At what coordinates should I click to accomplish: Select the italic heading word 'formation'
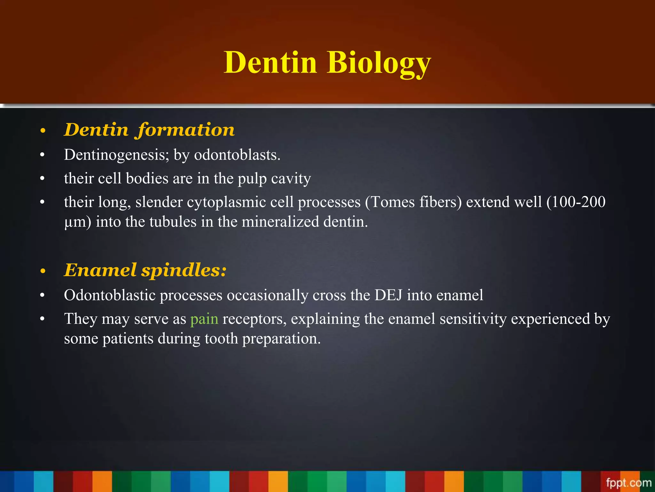click(x=186, y=130)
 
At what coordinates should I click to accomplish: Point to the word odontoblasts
click(x=237, y=155)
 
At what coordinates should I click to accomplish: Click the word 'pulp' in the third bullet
click(x=252, y=179)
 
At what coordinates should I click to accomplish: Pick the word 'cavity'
click(x=291, y=179)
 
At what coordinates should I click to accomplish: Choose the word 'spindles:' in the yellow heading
click(x=184, y=270)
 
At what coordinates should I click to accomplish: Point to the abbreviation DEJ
click(x=388, y=295)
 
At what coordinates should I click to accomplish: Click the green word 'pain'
click(x=204, y=319)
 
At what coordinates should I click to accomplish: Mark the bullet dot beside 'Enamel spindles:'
click(x=43, y=272)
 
